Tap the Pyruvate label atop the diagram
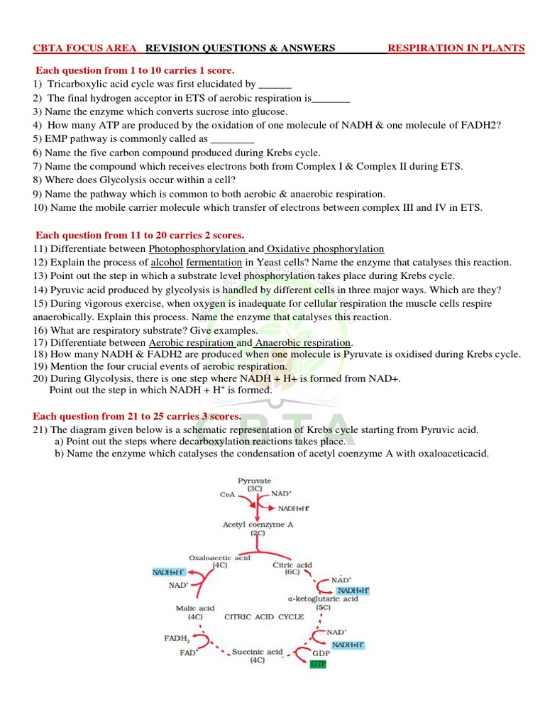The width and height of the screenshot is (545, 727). (254, 481)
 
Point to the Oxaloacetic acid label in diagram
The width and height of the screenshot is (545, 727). (219, 558)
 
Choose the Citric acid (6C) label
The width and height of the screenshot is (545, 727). (292, 565)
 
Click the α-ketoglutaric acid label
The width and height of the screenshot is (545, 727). (323, 598)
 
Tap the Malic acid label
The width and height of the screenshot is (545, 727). (195, 608)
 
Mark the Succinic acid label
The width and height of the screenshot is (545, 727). (257, 651)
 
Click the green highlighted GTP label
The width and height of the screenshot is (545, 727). (317, 664)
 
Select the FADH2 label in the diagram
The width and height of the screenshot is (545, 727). (177, 638)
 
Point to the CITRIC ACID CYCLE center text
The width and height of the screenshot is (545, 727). (264, 617)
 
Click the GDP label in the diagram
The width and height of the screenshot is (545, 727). (322, 651)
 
